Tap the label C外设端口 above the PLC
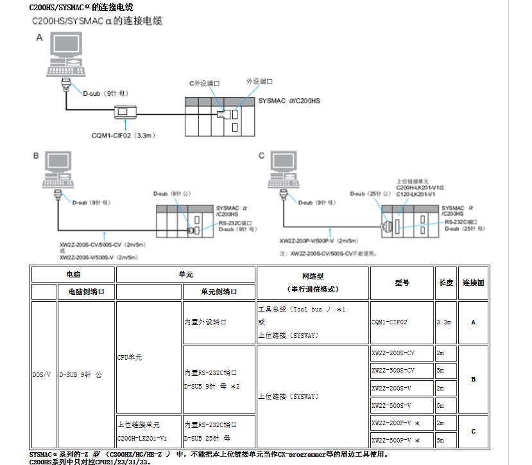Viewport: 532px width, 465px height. (204, 83)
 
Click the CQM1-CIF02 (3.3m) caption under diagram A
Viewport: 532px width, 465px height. (124, 136)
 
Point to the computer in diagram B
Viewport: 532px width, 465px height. (59, 170)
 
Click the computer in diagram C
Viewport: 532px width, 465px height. (284, 170)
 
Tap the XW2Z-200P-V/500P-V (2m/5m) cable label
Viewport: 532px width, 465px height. (319, 241)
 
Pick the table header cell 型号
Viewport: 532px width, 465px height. (402, 283)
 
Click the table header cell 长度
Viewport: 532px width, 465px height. (445, 283)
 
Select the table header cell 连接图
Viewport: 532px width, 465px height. (474, 283)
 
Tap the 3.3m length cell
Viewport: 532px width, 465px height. (444, 322)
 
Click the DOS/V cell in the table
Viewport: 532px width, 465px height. (43, 374)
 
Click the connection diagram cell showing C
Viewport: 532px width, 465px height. (474, 432)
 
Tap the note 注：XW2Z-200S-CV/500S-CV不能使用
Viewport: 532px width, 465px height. (328, 253)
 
